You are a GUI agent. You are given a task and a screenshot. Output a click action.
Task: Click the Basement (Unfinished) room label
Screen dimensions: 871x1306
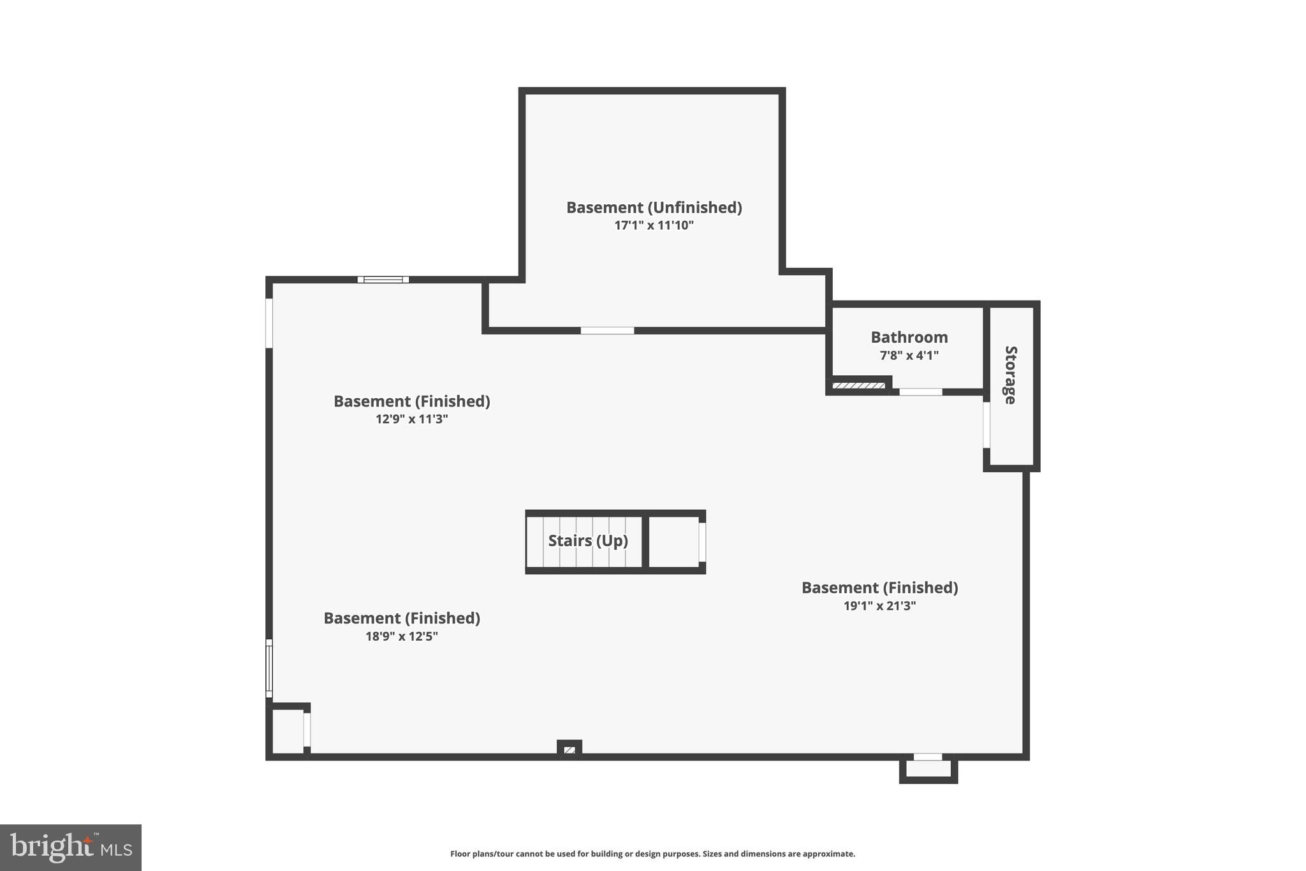point(654,207)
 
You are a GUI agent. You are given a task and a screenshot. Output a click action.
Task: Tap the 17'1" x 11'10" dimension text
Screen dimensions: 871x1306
point(654,225)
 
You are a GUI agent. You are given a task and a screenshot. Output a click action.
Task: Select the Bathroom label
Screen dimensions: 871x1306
point(909,337)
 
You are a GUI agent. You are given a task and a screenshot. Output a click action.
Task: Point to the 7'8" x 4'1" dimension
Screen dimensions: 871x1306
point(909,355)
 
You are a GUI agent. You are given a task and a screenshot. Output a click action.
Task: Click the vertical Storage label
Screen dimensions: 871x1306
point(1010,375)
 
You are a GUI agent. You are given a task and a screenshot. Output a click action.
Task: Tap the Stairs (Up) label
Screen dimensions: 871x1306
point(587,540)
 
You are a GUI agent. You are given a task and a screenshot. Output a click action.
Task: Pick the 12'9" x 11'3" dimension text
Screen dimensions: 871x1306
point(411,419)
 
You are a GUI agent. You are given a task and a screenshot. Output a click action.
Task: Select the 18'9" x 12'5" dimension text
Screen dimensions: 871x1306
point(401,636)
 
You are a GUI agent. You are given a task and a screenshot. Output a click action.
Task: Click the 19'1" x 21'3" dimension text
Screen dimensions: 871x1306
point(879,606)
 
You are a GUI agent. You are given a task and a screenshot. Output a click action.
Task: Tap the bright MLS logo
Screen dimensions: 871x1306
point(71,847)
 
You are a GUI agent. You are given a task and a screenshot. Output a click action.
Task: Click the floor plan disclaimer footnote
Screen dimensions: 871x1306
point(652,854)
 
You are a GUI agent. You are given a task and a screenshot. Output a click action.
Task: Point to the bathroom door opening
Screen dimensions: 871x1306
point(920,392)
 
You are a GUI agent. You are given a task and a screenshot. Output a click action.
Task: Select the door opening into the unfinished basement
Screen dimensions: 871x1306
point(607,331)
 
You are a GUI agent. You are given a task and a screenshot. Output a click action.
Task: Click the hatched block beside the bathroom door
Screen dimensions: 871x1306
point(858,385)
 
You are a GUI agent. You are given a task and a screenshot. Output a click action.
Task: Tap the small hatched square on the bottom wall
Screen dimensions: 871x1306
point(569,750)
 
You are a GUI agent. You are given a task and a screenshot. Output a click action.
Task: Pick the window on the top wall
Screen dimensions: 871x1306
point(383,279)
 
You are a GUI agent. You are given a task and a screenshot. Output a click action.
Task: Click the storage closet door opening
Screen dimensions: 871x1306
point(987,424)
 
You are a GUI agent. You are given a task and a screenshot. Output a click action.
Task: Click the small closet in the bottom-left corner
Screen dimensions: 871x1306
point(288,731)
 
